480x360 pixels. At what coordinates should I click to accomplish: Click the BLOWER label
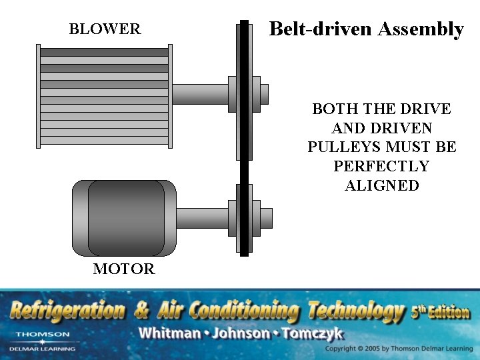coord(105,29)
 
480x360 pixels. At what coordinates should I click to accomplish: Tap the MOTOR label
coord(124,269)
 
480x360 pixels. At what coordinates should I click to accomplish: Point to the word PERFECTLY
coord(382,166)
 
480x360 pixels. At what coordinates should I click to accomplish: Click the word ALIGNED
coord(382,185)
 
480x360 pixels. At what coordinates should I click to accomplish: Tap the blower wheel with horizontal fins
coord(104,96)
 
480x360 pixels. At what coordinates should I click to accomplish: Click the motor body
coord(124,217)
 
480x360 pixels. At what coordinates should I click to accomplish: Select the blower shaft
coord(200,94)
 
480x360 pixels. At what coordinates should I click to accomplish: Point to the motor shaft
coord(203,217)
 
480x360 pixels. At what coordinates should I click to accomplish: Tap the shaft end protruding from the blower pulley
coord(264,94)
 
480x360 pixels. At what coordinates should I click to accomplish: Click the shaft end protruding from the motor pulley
coord(266,217)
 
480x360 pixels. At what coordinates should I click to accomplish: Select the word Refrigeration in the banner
coord(67,311)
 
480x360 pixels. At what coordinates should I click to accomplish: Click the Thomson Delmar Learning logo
coord(42,341)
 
